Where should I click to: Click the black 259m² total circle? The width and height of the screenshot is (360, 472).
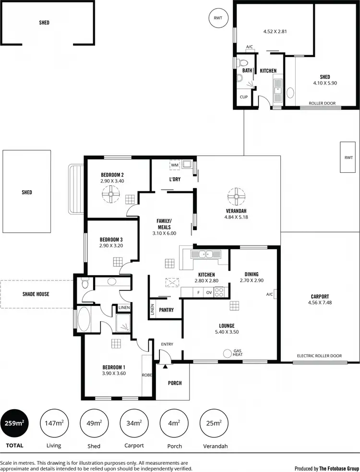click(14, 423)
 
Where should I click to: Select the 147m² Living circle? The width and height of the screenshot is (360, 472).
click(54, 423)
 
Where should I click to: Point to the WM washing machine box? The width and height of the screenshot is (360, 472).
click(175, 165)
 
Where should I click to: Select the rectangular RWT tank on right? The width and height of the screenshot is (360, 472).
click(348, 157)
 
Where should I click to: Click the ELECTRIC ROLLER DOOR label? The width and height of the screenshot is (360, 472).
click(319, 356)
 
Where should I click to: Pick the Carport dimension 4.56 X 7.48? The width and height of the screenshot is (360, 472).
click(320, 303)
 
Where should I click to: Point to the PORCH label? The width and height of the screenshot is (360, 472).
click(175, 383)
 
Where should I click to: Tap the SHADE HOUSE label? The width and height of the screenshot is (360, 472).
click(36, 294)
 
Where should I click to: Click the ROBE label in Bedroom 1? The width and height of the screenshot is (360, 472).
click(147, 375)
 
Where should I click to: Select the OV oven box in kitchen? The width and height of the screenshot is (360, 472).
click(209, 292)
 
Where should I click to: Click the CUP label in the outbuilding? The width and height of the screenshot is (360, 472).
click(244, 97)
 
